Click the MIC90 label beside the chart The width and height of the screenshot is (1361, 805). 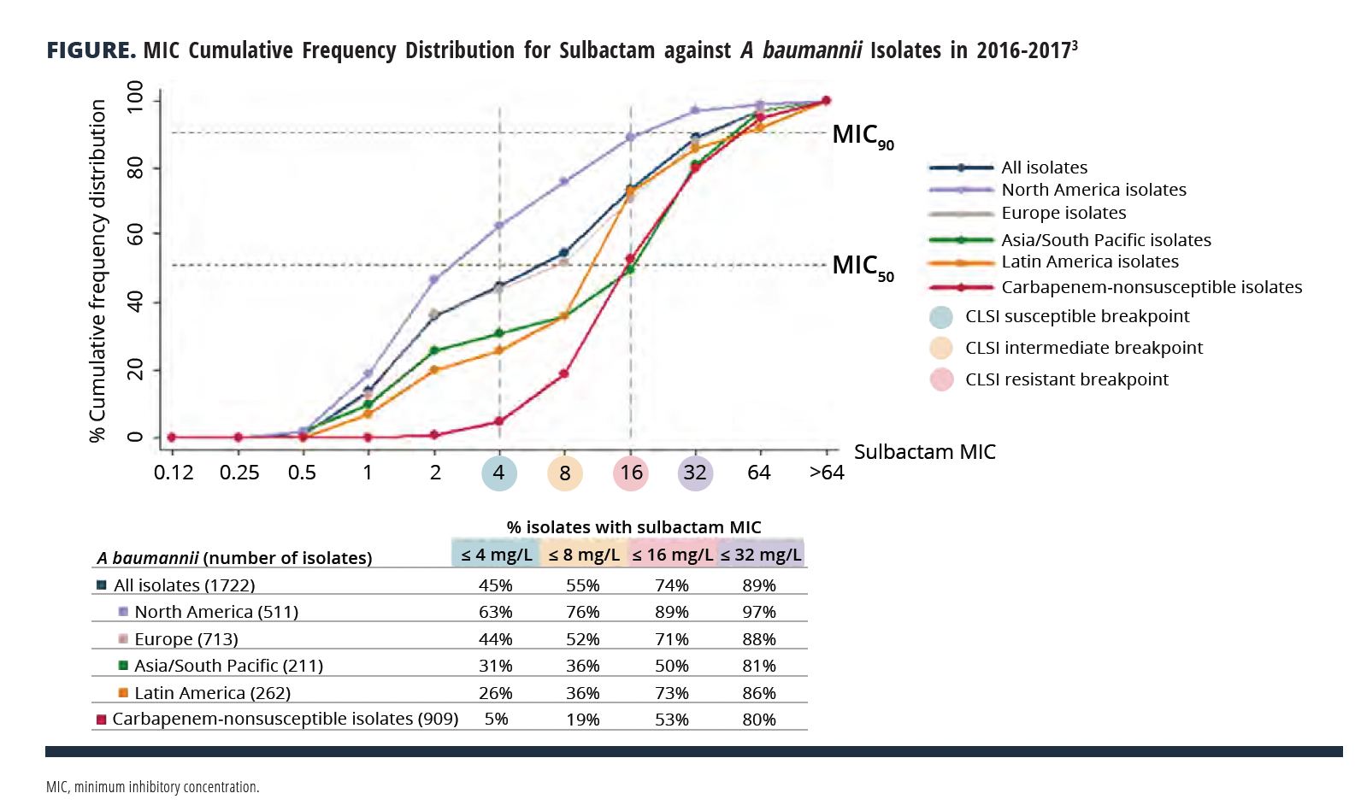[x=862, y=137]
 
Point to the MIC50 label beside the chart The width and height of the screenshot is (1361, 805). [x=862, y=267]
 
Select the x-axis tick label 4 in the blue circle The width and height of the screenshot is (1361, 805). [x=499, y=473]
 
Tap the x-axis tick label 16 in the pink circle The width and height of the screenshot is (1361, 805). [x=631, y=473]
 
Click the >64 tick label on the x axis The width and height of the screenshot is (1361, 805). [x=827, y=473]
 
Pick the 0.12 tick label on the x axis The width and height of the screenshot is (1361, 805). [x=174, y=473]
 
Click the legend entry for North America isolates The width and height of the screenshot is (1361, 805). [x=1093, y=190]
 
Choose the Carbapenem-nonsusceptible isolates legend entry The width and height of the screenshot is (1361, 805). [x=1151, y=287]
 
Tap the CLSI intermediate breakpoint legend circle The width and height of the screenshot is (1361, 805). [x=941, y=348]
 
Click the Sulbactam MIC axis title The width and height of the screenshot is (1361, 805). [x=924, y=452]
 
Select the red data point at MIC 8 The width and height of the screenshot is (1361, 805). [x=564, y=373]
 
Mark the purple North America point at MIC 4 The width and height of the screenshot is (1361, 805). [x=499, y=226]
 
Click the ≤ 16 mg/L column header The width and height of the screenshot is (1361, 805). [x=673, y=555]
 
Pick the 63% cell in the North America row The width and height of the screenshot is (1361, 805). [x=496, y=612]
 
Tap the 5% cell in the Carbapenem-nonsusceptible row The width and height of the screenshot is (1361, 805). [x=496, y=720]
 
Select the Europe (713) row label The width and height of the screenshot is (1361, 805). [x=186, y=639]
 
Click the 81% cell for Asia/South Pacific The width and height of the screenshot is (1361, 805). [x=759, y=666]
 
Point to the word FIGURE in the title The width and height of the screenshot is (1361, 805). [x=91, y=50]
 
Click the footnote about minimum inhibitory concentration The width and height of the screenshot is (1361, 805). [x=153, y=786]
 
